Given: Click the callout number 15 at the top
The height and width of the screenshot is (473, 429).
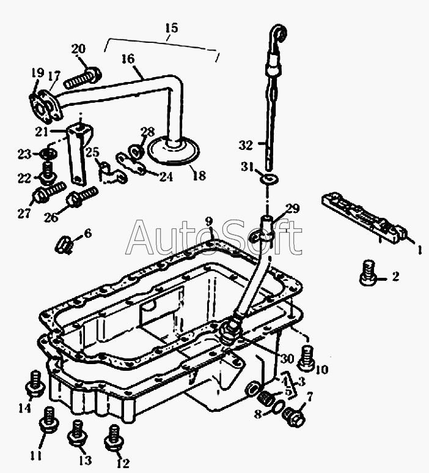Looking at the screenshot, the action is (172, 28).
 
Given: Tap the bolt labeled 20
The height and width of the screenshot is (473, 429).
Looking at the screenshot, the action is (82, 78).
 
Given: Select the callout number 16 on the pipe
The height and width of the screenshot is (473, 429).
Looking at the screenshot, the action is (128, 59).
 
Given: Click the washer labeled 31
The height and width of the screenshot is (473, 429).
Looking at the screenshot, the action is (269, 180).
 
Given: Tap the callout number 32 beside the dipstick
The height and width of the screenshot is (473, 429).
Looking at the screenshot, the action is (246, 145).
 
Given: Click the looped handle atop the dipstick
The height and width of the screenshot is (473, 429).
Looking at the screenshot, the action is (279, 35).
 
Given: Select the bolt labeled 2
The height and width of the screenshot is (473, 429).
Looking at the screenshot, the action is (368, 273).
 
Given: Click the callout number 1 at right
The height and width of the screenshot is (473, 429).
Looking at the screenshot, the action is (420, 249).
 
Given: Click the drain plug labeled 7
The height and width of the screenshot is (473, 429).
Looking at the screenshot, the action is (294, 417).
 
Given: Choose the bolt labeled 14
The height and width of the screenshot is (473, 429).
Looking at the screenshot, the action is (36, 384).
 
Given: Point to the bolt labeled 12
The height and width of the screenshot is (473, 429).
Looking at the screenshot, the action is (114, 438).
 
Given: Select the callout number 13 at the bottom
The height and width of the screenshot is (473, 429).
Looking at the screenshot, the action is (86, 460).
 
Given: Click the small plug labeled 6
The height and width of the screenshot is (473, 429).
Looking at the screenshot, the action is (64, 245).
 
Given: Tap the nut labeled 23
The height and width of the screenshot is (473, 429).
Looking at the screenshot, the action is (48, 154).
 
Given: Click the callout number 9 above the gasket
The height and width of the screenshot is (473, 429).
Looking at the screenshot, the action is (209, 222).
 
